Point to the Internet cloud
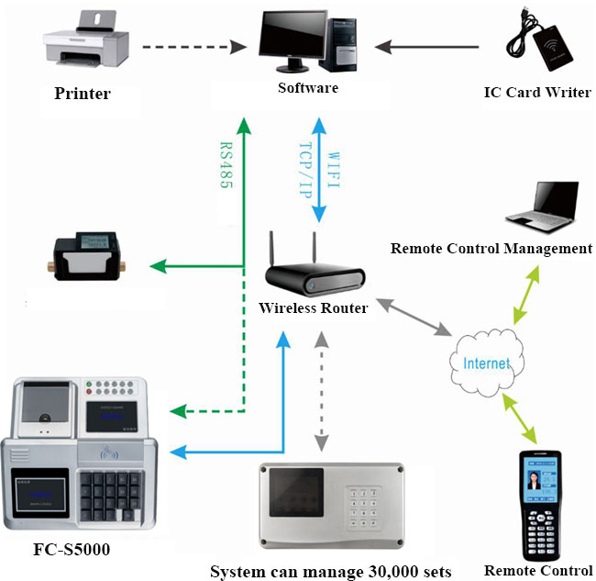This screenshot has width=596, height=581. (x=486, y=363)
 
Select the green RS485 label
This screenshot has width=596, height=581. (x=225, y=165)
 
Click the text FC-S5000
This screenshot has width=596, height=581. (x=67, y=554)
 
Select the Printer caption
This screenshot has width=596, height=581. (x=83, y=94)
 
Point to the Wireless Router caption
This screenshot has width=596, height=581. (x=313, y=308)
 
